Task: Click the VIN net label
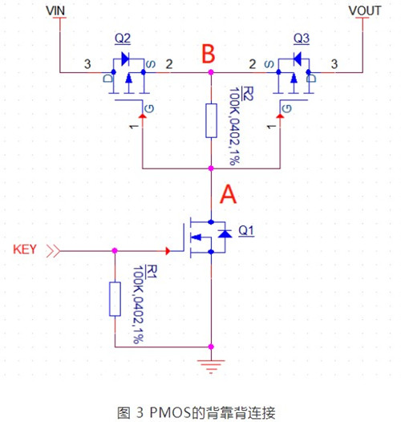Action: tap(59, 10)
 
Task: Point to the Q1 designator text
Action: tap(245, 231)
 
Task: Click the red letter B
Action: tap(209, 55)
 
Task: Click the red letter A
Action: tap(229, 194)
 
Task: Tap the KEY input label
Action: tap(27, 250)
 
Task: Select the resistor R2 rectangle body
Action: tap(211, 120)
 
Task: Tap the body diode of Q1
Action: tap(225, 233)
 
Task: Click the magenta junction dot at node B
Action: tap(211, 72)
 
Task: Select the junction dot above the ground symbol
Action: tap(211, 347)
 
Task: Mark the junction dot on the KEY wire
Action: tap(115, 250)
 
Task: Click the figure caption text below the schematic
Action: tap(196, 412)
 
